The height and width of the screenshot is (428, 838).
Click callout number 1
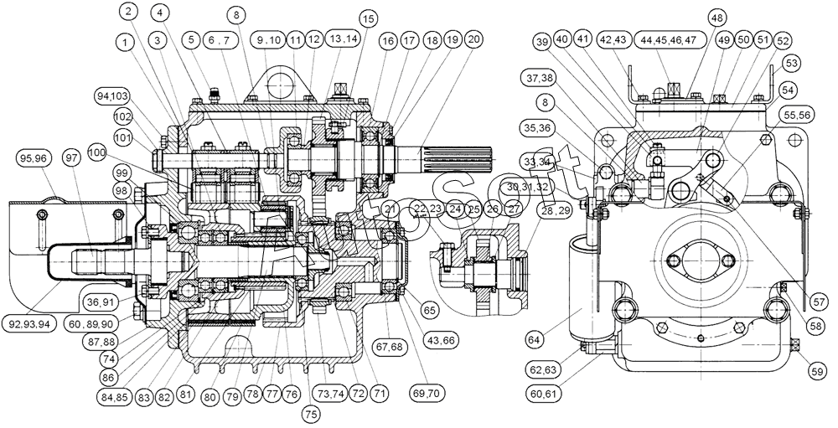point(126,39)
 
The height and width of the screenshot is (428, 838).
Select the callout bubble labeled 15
point(369,18)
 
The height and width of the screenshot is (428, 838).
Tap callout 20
point(473,39)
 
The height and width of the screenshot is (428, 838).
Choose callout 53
point(792,64)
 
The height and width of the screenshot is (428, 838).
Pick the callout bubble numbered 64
point(533,339)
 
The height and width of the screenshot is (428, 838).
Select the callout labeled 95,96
point(33,158)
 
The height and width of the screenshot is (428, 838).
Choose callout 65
point(430,310)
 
